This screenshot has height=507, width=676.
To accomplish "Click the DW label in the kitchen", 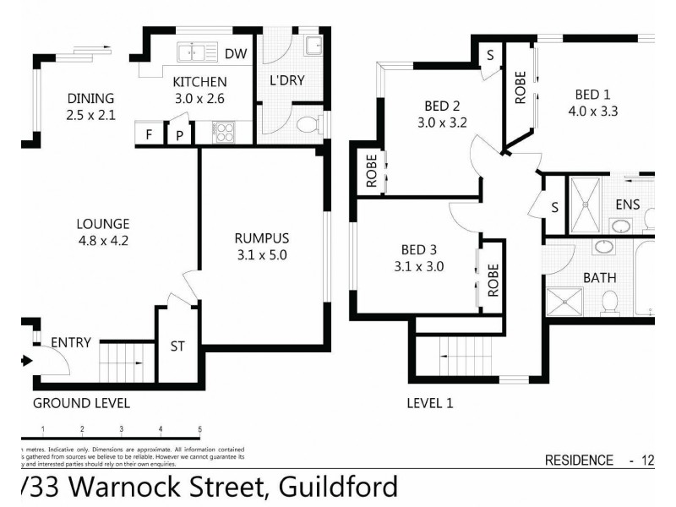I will point(237,54).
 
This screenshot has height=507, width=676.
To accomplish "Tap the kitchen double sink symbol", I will point(196,52).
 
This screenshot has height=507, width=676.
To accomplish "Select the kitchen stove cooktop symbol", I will point(224,132).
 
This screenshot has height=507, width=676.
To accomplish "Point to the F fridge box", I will point(150,134).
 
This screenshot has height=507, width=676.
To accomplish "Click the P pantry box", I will point(179,134).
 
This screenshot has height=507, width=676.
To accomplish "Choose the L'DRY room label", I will point(286,81).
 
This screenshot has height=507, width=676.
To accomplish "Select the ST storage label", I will point(178,346).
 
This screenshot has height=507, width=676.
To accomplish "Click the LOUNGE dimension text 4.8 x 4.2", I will point(103,240).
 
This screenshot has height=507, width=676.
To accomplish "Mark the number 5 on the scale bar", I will point(199,430).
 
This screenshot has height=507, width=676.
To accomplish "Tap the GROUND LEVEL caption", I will point(81,403).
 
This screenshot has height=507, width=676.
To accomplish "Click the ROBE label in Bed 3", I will point(493,277).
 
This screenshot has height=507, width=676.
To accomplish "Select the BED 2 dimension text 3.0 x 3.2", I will point(442,122).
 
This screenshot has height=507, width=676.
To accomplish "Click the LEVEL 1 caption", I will point(430,403).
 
